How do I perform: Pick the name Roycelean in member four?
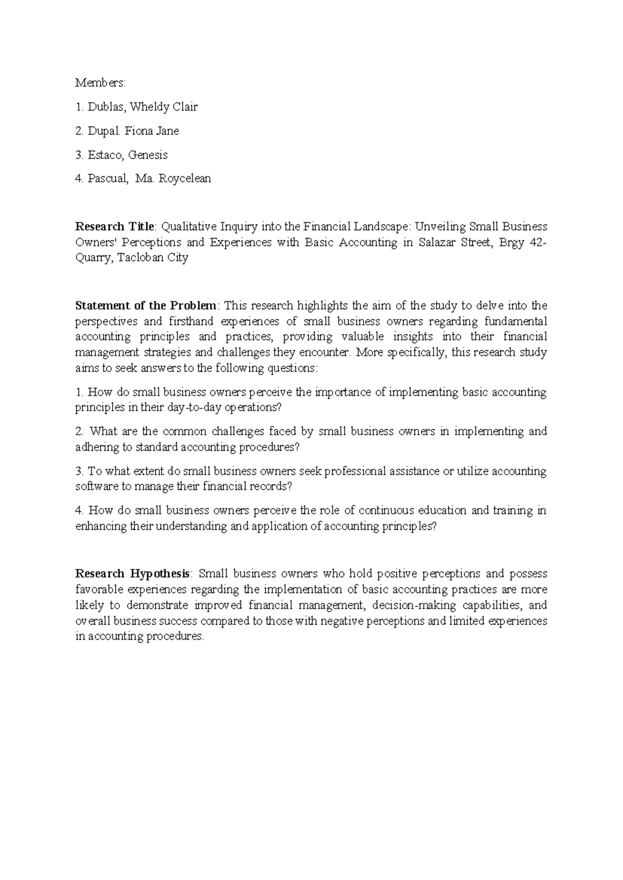tap(185, 178)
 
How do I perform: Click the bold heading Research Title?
tap(115, 227)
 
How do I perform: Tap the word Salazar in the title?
tap(431, 242)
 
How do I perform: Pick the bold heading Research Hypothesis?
tap(132, 574)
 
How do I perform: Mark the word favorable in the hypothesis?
tap(99, 589)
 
